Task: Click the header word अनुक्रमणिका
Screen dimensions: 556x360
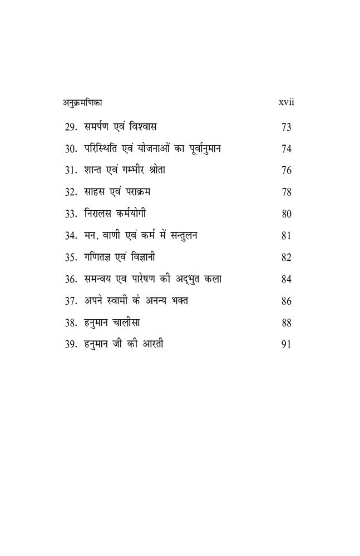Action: coord(82,103)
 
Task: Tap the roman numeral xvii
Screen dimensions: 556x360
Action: coord(285,103)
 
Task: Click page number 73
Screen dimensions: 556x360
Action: coord(287,127)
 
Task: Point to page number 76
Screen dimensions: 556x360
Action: coord(287,171)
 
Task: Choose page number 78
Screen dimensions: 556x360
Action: coord(287,192)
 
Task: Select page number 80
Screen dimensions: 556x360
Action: coord(287,214)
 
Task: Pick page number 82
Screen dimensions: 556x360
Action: coord(287,257)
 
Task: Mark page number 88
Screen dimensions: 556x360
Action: coord(287,323)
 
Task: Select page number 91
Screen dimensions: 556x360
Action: coord(287,345)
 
